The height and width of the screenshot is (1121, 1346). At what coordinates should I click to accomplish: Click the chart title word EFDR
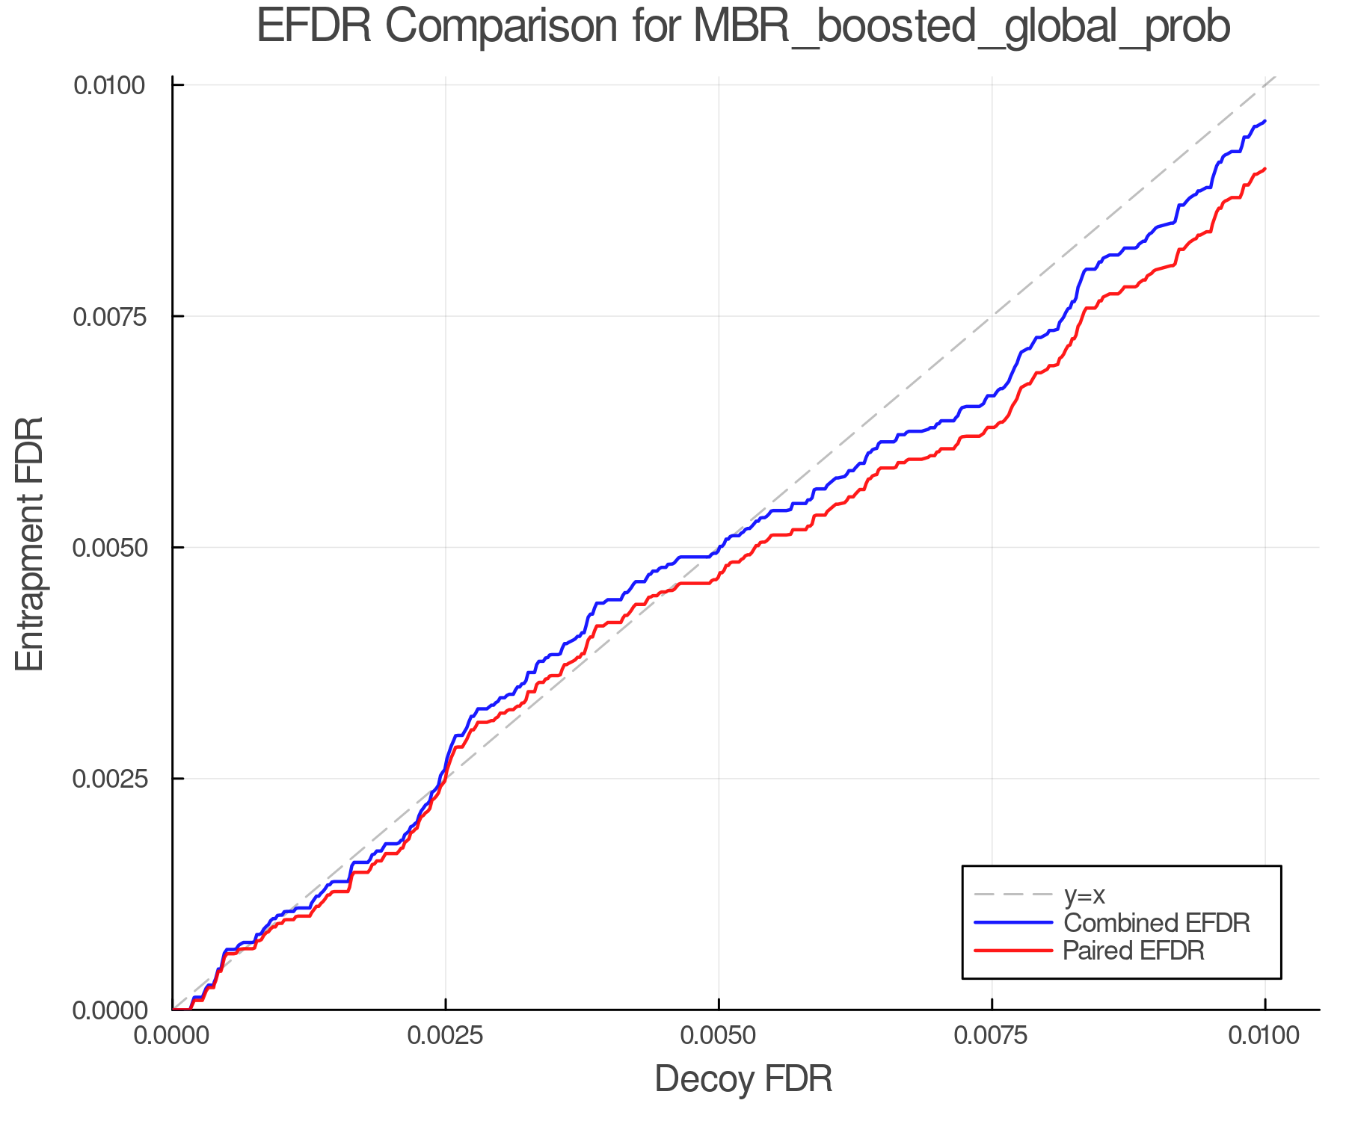tap(314, 27)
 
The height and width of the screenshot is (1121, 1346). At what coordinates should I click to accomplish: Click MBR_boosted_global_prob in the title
tap(962, 28)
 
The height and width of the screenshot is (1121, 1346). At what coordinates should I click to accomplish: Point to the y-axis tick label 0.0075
tap(108, 317)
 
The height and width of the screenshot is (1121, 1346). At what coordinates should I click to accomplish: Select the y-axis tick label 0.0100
tap(108, 85)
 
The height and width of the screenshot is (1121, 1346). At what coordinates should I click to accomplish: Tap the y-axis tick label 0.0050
tap(108, 548)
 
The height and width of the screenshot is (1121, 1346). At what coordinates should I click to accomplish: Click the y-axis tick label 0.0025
tap(108, 779)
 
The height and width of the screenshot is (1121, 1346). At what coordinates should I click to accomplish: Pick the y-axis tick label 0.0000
tap(108, 1010)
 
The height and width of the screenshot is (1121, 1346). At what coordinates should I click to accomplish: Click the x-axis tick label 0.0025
tap(446, 1036)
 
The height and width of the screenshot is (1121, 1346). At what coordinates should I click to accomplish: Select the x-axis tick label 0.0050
tap(719, 1036)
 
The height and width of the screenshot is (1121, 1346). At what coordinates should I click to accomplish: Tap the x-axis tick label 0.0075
tap(992, 1036)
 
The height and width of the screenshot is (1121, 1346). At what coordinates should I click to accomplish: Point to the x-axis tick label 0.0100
tap(1264, 1036)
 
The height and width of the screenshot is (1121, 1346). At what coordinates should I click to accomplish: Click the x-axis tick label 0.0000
tap(173, 1036)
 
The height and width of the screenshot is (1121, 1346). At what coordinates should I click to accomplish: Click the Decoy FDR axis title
tap(743, 1079)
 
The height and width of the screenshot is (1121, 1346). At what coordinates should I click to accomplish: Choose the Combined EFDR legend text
tap(1156, 923)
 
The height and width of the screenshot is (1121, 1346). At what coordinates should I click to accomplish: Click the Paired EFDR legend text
tap(1134, 951)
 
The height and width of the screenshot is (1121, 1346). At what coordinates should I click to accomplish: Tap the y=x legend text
tap(1084, 895)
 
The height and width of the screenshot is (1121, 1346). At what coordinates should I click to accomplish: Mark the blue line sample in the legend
tap(1013, 923)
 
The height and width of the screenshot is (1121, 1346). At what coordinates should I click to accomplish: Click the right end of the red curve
tap(1264, 169)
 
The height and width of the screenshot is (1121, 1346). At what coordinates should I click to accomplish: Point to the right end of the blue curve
tap(1264, 120)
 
